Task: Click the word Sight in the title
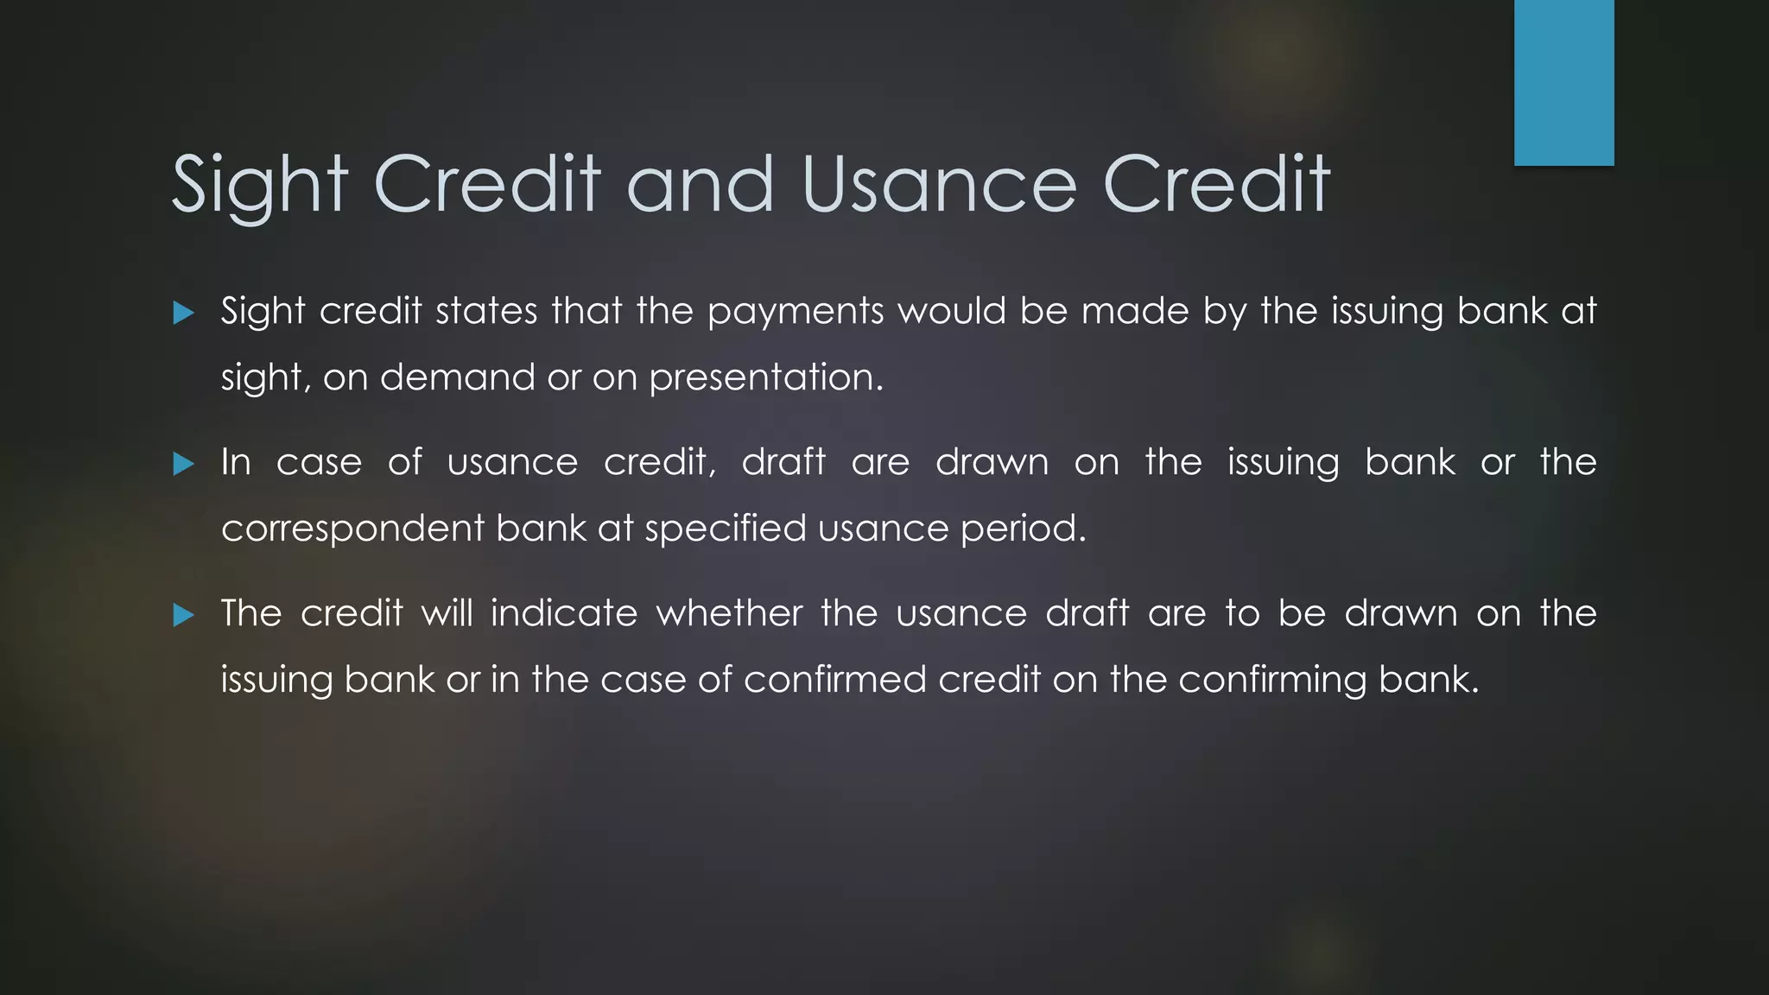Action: [x=259, y=185]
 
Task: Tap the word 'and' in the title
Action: [x=700, y=185]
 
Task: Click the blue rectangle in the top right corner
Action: [x=1563, y=82]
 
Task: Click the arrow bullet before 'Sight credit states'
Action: [x=183, y=313]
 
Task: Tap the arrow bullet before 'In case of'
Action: [x=183, y=464]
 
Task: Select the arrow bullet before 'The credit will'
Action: [x=183, y=615]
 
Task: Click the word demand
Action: [x=457, y=377]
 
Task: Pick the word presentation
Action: [x=766, y=377]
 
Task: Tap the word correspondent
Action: [x=352, y=529]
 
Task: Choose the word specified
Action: [x=725, y=529]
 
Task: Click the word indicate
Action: [x=564, y=613]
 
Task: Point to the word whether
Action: [x=729, y=613]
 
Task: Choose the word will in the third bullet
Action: [x=447, y=613]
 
